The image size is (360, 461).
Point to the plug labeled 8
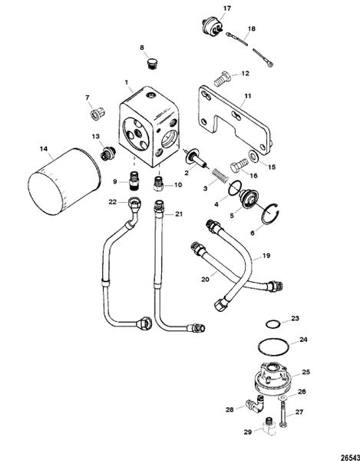[150, 63]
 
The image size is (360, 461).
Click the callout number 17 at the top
[226, 10]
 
